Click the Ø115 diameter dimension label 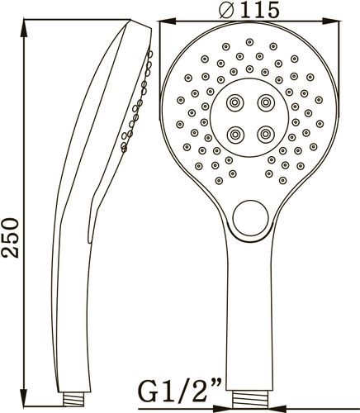click(x=249, y=11)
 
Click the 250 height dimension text click(x=12, y=238)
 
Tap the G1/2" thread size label click(x=180, y=391)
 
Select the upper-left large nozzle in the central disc click(x=235, y=102)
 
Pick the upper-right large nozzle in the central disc click(x=266, y=102)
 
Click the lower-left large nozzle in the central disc click(x=235, y=135)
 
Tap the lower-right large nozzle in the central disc click(x=266, y=135)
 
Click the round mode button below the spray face click(x=250, y=218)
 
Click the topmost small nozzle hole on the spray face click(x=249, y=42)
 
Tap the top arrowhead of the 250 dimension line click(x=24, y=28)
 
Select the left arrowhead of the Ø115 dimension click(x=168, y=21)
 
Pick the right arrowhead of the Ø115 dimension click(x=330, y=21)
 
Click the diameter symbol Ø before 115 click(x=226, y=11)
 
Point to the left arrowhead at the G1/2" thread click(x=223, y=407)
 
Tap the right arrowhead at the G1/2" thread click(x=278, y=407)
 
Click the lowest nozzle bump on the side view click(x=124, y=150)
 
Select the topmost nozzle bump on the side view click(x=150, y=54)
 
